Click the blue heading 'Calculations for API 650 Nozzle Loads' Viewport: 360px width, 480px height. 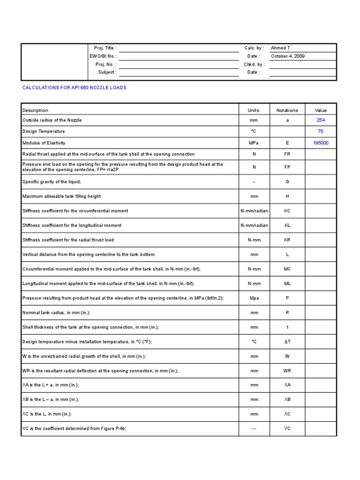(75, 88)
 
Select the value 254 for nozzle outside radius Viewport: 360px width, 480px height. (320, 120)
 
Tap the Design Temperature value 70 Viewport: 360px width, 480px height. (320, 132)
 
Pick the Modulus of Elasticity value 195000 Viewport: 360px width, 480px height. (321, 143)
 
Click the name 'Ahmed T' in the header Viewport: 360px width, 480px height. (280, 48)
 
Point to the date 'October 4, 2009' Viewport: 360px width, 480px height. (288, 56)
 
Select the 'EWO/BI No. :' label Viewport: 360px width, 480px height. (103, 56)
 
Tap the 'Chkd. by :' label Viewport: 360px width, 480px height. (254, 64)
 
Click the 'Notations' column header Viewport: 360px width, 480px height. (287, 111)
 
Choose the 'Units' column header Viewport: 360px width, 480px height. (253, 111)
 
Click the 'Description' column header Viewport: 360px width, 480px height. (35, 111)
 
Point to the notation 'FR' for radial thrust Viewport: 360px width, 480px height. (287, 154)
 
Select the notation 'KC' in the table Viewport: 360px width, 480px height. (287, 211)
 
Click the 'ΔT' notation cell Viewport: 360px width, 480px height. (287, 342)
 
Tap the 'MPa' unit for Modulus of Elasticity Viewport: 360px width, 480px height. (254, 143)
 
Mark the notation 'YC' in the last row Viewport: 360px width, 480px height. (287, 429)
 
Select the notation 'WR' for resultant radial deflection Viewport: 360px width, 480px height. (287, 371)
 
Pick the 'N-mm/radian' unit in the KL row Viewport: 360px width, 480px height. (254, 225)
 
